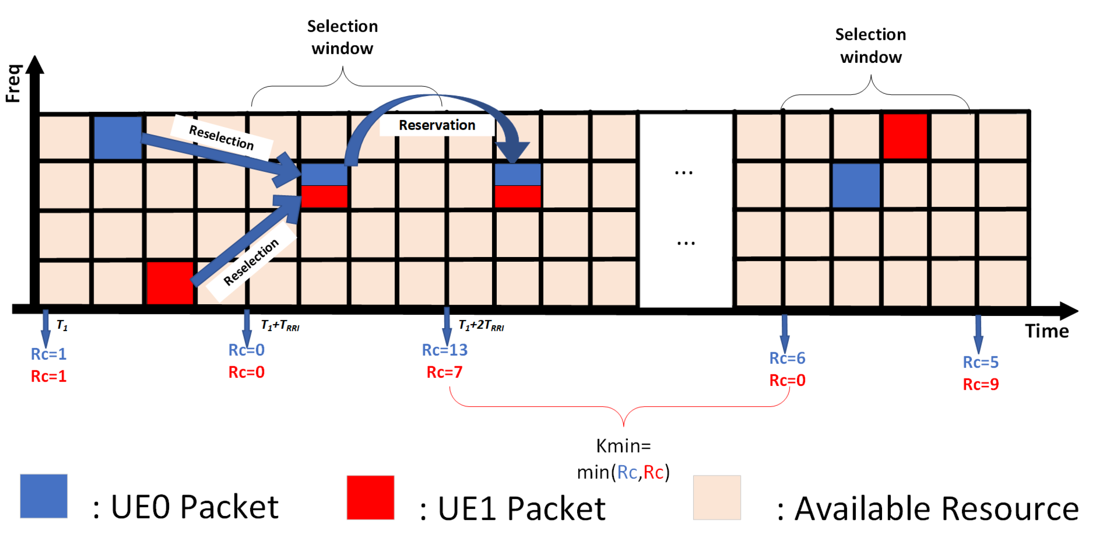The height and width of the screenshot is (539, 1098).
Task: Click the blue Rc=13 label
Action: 445,350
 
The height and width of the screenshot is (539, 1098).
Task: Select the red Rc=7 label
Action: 445,372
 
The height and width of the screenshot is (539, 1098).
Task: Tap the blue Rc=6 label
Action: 787,358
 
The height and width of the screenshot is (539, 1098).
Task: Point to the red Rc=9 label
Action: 980,385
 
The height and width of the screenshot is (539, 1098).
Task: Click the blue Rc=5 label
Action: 980,362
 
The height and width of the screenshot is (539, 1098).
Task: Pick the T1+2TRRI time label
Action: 481,326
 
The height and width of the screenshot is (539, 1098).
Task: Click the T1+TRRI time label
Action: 280,326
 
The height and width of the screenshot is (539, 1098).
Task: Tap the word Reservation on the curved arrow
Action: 437,125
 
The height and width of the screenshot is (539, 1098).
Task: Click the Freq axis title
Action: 13,84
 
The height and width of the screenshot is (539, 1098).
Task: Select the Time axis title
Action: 1047,331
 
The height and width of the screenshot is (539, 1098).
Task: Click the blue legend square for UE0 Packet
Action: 43,496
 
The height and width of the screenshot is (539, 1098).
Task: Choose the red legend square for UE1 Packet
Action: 370,498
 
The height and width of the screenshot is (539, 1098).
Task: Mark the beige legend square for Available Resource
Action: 717,498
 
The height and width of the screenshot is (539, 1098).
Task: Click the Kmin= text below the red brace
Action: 623,446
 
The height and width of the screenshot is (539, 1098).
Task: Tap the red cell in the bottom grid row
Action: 169,283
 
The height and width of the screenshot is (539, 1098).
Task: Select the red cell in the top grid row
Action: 905,136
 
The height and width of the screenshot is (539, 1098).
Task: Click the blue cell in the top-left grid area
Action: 118,138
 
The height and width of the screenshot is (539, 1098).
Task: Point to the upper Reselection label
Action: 221,138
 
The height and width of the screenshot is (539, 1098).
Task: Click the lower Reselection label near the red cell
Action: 251,262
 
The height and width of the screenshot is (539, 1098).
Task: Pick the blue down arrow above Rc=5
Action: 978,334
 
